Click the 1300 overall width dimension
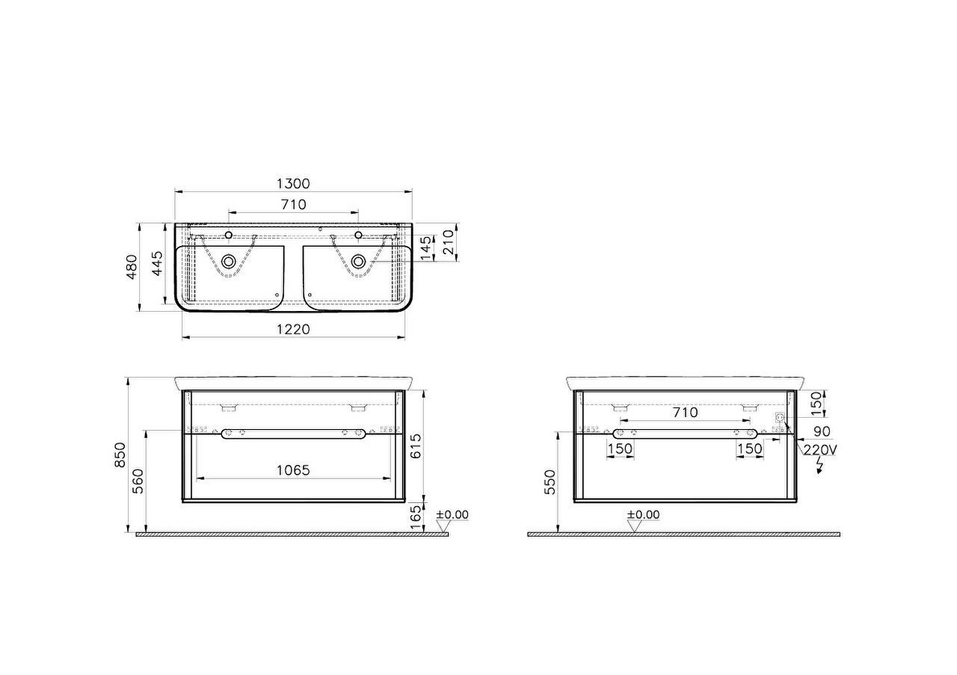pos(293,184)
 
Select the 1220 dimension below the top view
pos(293,330)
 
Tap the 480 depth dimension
pos(132,267)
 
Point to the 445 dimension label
pos(157,264)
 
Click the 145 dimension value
pos(426,248)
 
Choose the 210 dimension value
pos(448,242)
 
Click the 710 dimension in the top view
pos(294,205)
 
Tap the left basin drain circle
pos(229,261)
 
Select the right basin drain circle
pos(358,261)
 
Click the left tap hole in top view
pos(229,235)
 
